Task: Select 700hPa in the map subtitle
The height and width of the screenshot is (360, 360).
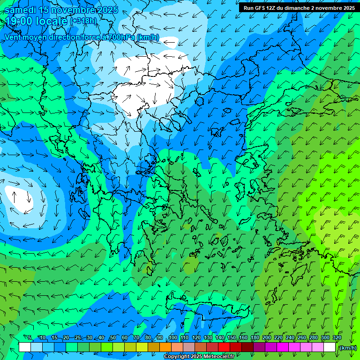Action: [x=121, y=37]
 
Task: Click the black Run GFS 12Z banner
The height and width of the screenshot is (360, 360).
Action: [x=299, y=7]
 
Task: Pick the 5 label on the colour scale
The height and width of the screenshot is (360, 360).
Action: [x=30, y=337]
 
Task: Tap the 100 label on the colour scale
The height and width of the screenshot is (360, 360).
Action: [x=172, y=337]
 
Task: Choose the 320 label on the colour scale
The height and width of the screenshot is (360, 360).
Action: [x=337, y=337]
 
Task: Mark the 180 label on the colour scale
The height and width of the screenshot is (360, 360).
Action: [x=255, y=337]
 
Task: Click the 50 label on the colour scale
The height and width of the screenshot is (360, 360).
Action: [x=112, y=337]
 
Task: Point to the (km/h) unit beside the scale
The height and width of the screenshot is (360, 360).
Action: [x=347, y=348]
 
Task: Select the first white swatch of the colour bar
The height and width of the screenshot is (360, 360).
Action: [x=25, y=347]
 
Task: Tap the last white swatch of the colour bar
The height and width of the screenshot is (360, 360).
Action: [x=330, y=347]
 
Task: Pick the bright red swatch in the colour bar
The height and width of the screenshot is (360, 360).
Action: [x=224, y=347]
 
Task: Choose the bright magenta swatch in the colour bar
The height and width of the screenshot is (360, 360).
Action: [x=283, y=347]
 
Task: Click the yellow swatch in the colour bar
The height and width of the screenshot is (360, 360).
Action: [x=142, y=347]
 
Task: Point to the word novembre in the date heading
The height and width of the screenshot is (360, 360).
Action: [x=69, y=10]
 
